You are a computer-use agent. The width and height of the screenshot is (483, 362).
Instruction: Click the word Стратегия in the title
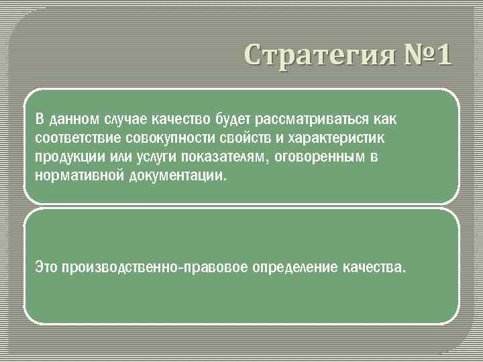pos(315,54)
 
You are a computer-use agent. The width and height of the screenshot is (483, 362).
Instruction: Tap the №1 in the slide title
pos(425,54)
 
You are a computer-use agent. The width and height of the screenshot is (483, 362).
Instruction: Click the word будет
pos(232,119)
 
